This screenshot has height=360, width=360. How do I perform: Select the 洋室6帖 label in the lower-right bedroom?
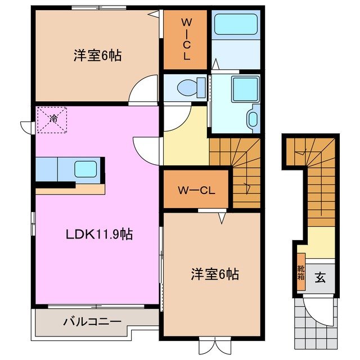(214, 274)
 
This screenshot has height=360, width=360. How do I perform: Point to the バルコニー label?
(92, 322)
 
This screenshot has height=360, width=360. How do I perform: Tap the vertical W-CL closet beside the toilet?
(186, 40)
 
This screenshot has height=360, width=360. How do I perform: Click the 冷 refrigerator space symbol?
(52, 119)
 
